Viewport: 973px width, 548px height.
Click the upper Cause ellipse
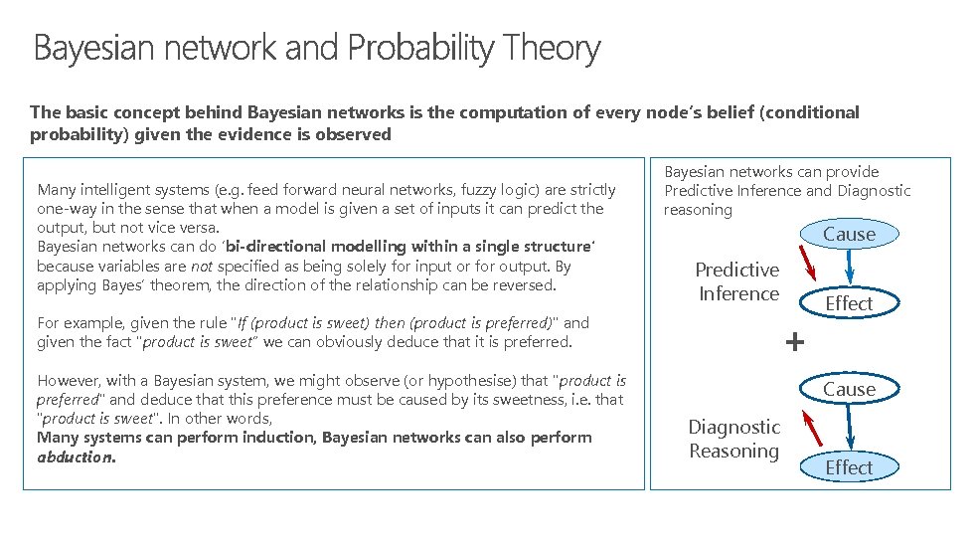(x=849, y=235)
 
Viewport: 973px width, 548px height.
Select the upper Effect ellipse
(x=849, y=303)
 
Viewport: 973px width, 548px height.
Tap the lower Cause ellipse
(x=849, y=389)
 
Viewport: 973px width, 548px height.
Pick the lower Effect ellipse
(x=849, y=467)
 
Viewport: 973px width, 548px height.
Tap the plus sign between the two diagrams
(x=794, y=343)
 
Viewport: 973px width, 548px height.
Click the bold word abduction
(x=76, y=457)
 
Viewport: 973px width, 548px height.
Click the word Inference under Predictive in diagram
(x=738, y=293)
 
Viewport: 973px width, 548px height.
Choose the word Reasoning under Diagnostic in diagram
(x=734, y=451)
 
